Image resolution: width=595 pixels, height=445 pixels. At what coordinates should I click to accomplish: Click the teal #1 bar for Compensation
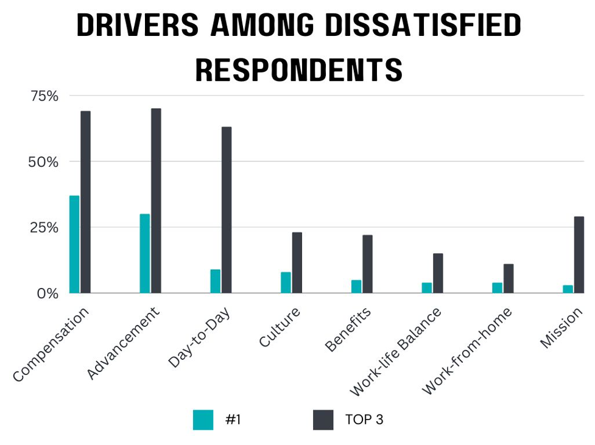[74, 244]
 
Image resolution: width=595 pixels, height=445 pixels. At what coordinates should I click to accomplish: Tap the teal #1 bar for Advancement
[145, 253]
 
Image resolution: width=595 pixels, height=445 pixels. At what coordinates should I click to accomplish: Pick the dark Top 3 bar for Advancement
[156, 201]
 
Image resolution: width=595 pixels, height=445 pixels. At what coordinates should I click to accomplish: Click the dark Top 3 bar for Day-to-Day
[227, 210]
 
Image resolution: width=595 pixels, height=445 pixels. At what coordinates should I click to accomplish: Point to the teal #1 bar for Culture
[286, 282]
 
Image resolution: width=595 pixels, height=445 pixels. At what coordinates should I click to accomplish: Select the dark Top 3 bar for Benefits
[367, 264]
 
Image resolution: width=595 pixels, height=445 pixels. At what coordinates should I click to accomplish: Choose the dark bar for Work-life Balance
[438, 273]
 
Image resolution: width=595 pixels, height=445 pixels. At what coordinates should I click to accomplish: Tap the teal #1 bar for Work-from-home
[497, 288]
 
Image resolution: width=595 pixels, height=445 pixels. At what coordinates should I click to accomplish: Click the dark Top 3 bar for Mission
[579, 255]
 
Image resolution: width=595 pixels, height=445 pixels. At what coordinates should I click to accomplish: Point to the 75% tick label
[44, 96]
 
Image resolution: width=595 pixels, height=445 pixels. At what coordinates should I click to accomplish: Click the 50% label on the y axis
[44, 162]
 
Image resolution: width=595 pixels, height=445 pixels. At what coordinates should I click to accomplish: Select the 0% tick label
[47, 293]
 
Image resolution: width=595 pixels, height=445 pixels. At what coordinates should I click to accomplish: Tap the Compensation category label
[52, 344]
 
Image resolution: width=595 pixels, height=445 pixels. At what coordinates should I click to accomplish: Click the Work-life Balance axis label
[396, 351]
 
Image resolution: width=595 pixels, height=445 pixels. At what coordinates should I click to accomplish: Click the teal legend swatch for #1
[203, 419]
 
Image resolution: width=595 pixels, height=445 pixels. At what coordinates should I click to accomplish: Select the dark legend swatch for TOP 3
[323, 419]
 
